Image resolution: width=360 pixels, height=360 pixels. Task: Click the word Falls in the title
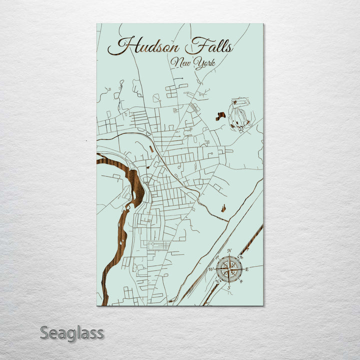point(208,47)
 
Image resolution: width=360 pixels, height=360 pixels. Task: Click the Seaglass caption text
point(72,332)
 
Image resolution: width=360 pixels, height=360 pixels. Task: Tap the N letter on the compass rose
point(229,251)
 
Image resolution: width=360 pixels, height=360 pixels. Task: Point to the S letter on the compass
point(228,287)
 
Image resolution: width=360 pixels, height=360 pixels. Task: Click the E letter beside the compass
point(246,269)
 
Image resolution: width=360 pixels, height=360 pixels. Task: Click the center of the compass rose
point(229,269)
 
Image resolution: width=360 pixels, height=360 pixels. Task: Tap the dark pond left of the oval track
point(220,116)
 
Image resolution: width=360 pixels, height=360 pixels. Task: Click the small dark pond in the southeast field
point(223,207)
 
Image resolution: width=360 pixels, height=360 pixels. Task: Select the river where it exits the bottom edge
point(104,300)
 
